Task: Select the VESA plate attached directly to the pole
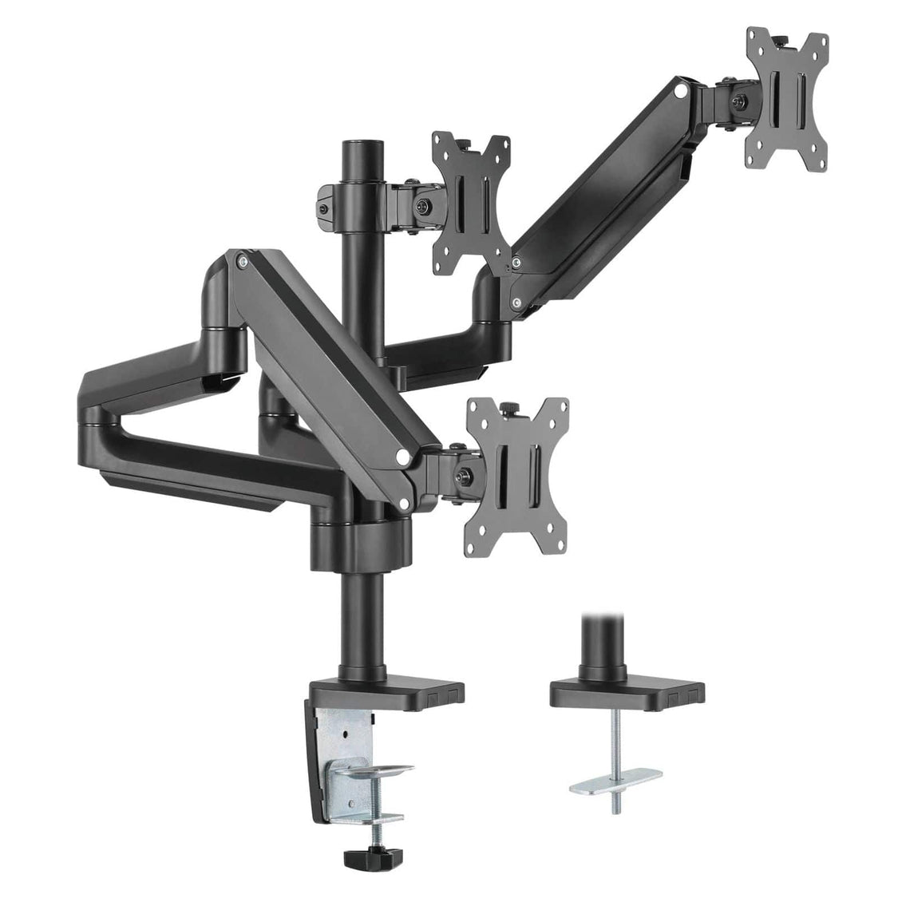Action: click(471, 204)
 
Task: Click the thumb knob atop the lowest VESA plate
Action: click(508, 409)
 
